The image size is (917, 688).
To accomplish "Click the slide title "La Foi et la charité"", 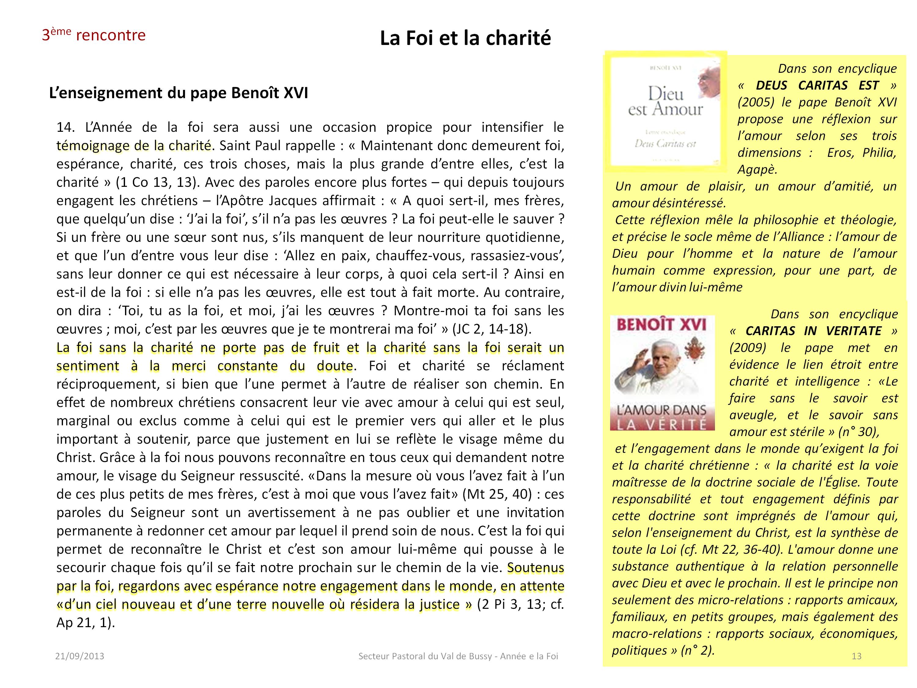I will pyautogui.click(x=465, y=38).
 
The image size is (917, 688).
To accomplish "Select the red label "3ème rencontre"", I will pyautogui.click(x=94, y=35).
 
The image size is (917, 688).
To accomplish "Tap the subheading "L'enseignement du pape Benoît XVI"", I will pyautogui.click(x=178, y=93).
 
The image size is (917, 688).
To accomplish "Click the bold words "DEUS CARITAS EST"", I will pyautogui.click(x=817, y=85).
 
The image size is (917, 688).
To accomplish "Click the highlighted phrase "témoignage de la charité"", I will pyautogui.click(x=134, y=146).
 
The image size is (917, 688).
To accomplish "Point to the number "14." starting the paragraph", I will pyautogui.click(x=66, y=127).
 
